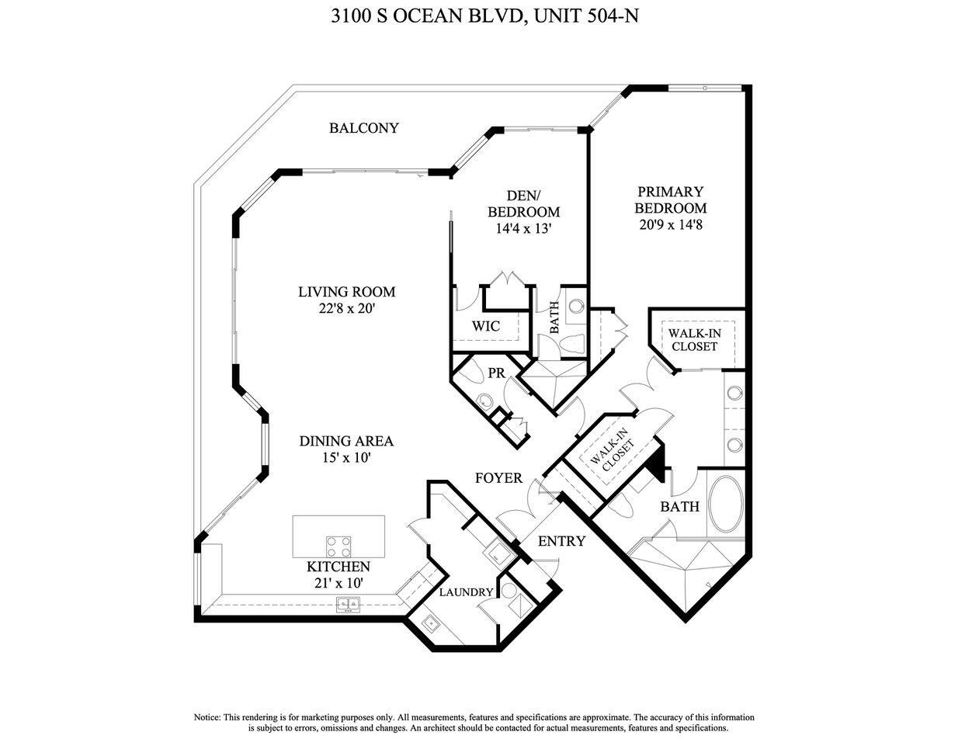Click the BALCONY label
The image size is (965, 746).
click(x=363, y=128)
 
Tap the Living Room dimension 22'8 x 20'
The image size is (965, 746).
click(x=347, y=309)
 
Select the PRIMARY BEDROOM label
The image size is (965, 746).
click(x=670, y=200)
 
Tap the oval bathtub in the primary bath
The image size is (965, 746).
click(x=727, y=504)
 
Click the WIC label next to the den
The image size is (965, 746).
click(x=486, y=326)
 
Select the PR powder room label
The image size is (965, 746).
click(x=497, y=373)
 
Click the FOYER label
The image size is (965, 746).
click(x=498, y=478)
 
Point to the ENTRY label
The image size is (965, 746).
click(x=561, y=541)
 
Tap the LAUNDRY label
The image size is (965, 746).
click(x=466, y=592)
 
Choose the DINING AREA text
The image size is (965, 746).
click(x=346, y=441)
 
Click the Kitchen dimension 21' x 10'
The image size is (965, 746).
click(x=338, y=583)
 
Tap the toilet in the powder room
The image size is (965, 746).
click(x=484, y=401)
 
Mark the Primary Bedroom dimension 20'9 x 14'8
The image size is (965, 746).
click(x=670, y=225)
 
